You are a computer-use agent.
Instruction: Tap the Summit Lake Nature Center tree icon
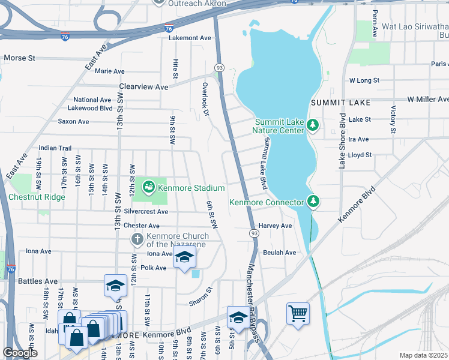pos(312,125)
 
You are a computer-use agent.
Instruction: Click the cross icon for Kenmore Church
pos(137,239)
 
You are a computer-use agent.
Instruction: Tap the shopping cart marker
pos(298,313)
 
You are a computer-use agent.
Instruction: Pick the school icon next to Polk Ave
pos(184,258)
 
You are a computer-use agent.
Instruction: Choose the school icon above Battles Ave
pos(115,286)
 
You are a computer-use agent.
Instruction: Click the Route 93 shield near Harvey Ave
pos(254,232)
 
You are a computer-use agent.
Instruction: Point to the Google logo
pos(20,353)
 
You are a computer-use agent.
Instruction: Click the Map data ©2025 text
pos(424,355)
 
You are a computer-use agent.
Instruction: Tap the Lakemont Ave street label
pos(190,38)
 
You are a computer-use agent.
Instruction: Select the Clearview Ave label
pos(143,86)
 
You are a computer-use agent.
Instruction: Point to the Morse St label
pos(20,58)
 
